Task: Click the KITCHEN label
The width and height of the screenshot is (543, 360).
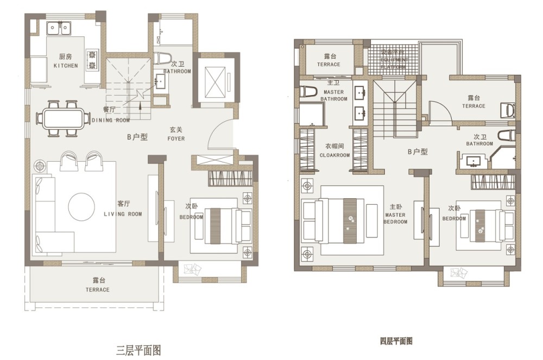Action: [65, 66]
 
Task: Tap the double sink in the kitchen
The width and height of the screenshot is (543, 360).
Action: [59, 27]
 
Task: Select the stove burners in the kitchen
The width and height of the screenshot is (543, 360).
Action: [92, 59]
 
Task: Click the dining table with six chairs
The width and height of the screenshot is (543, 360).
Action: [62, 117]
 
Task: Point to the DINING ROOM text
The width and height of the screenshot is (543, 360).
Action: [111, 120]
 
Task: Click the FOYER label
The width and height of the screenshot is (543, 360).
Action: [175, 138]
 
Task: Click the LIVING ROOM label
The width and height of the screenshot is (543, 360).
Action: [123, 214]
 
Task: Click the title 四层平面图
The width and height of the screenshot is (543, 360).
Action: [396, 342]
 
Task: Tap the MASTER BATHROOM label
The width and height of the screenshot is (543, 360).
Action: [333, 99]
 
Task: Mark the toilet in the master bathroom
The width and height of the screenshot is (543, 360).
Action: [307, 92]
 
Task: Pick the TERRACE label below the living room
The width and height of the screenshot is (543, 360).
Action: [98, 289]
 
